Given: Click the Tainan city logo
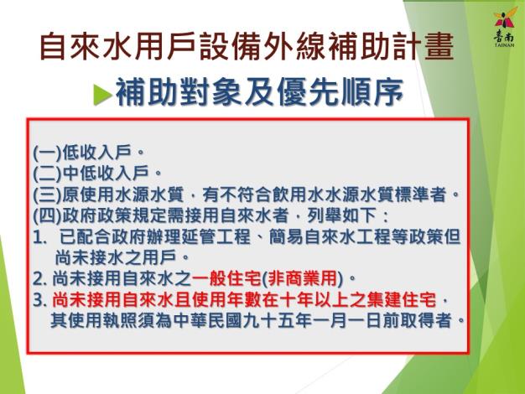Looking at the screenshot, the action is click(504, 27).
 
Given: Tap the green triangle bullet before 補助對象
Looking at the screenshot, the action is click(102, 94).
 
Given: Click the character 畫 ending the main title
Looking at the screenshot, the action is click(439, 46).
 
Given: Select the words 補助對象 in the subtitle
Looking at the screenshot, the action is click(178, 92).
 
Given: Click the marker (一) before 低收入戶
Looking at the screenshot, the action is click(48, 153).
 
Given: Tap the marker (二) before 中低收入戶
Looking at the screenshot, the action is click(48, 174).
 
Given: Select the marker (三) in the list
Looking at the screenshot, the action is click(48, 194).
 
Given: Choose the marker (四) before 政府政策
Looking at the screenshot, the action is click(48, 216).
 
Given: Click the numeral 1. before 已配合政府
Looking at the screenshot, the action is click(39, 237).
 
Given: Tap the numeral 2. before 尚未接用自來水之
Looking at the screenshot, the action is click(40, 279).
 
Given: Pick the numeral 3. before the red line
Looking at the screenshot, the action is click(40, 300).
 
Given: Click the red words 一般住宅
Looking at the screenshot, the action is click(226, 279).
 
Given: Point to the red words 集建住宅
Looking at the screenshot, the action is click(402, 300).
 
